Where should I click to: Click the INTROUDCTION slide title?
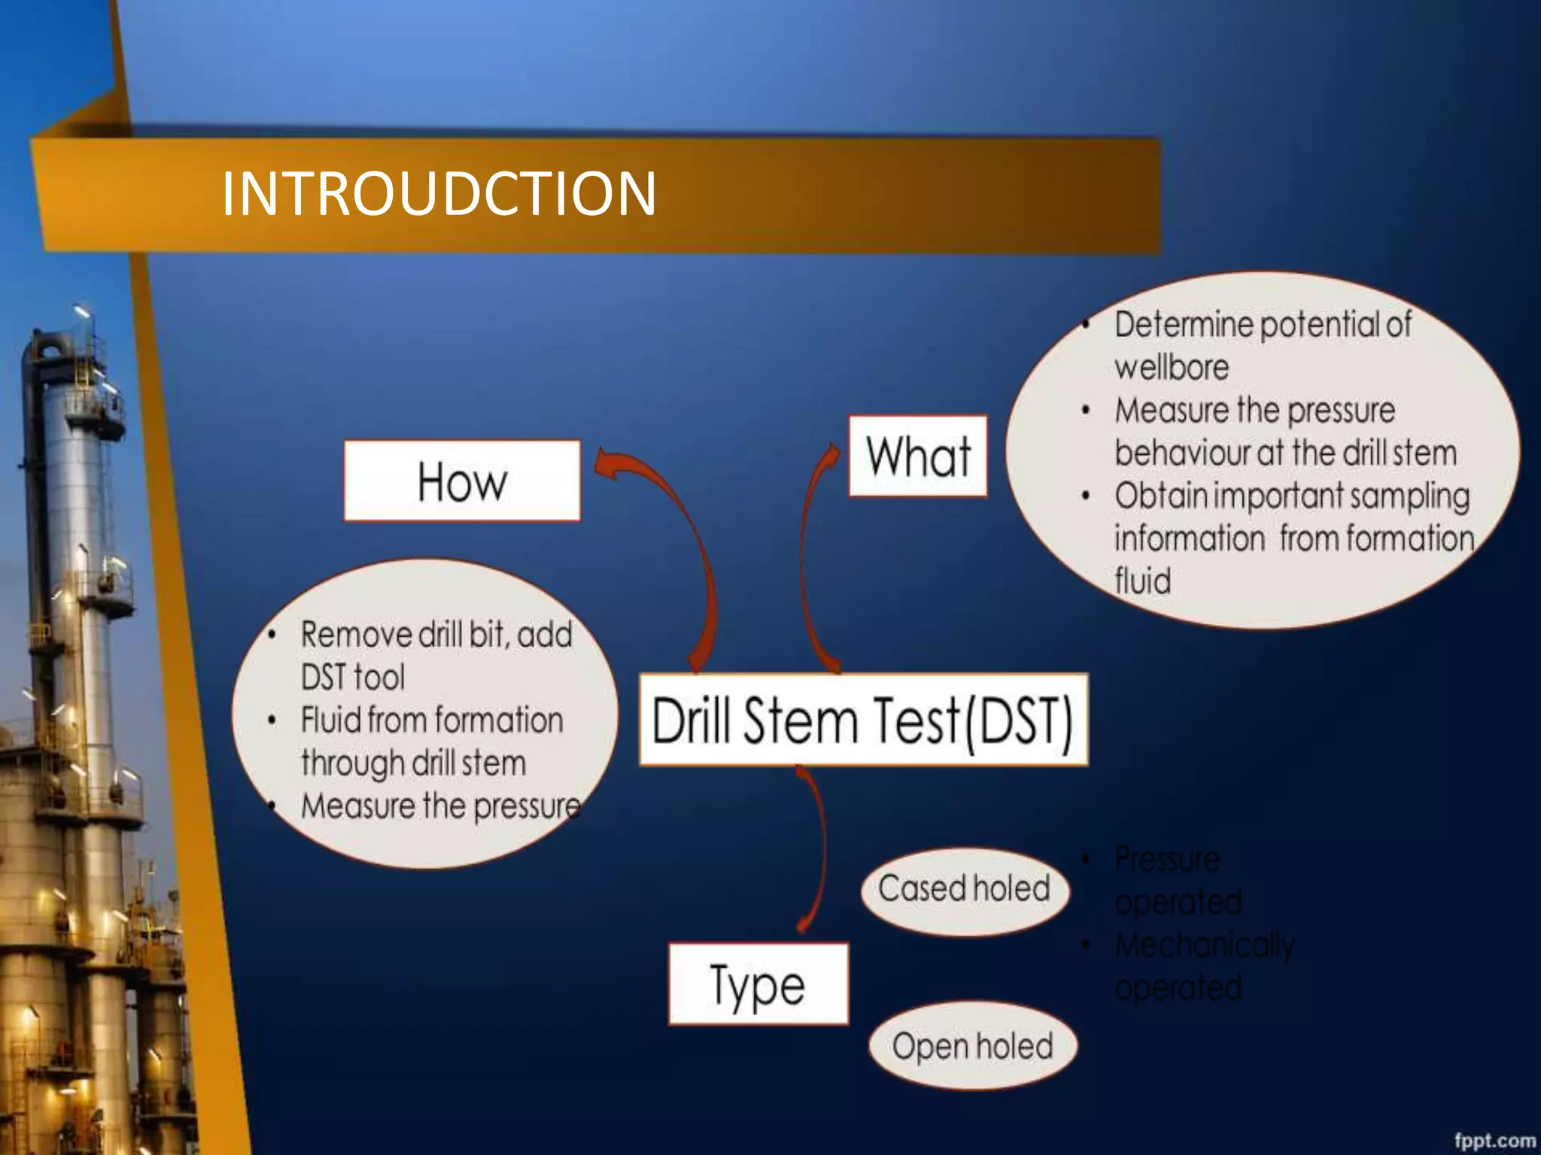click(x=439, y=194)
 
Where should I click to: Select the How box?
click(x=462, y=480)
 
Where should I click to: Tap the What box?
click(x=917, y=456)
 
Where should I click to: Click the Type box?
click(x=758, y=984)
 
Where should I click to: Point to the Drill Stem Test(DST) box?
click(x=863, y=720)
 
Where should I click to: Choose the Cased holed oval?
click(x=964, y=890)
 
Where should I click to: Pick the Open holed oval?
click(x=972, y=1046)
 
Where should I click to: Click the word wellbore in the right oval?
click(x=1172, y=368)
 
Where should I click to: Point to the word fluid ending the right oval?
click(x=1142, y=581)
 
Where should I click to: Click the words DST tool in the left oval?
click(x=352, y=677)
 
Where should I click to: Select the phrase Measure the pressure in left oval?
click(x=440, y=806)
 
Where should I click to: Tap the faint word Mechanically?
click(x=1205, y=945)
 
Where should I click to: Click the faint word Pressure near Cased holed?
click(x=1167, y=859)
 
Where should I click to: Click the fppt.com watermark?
click(x=1494, y=1140)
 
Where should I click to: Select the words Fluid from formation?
click(x=432, y=720)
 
